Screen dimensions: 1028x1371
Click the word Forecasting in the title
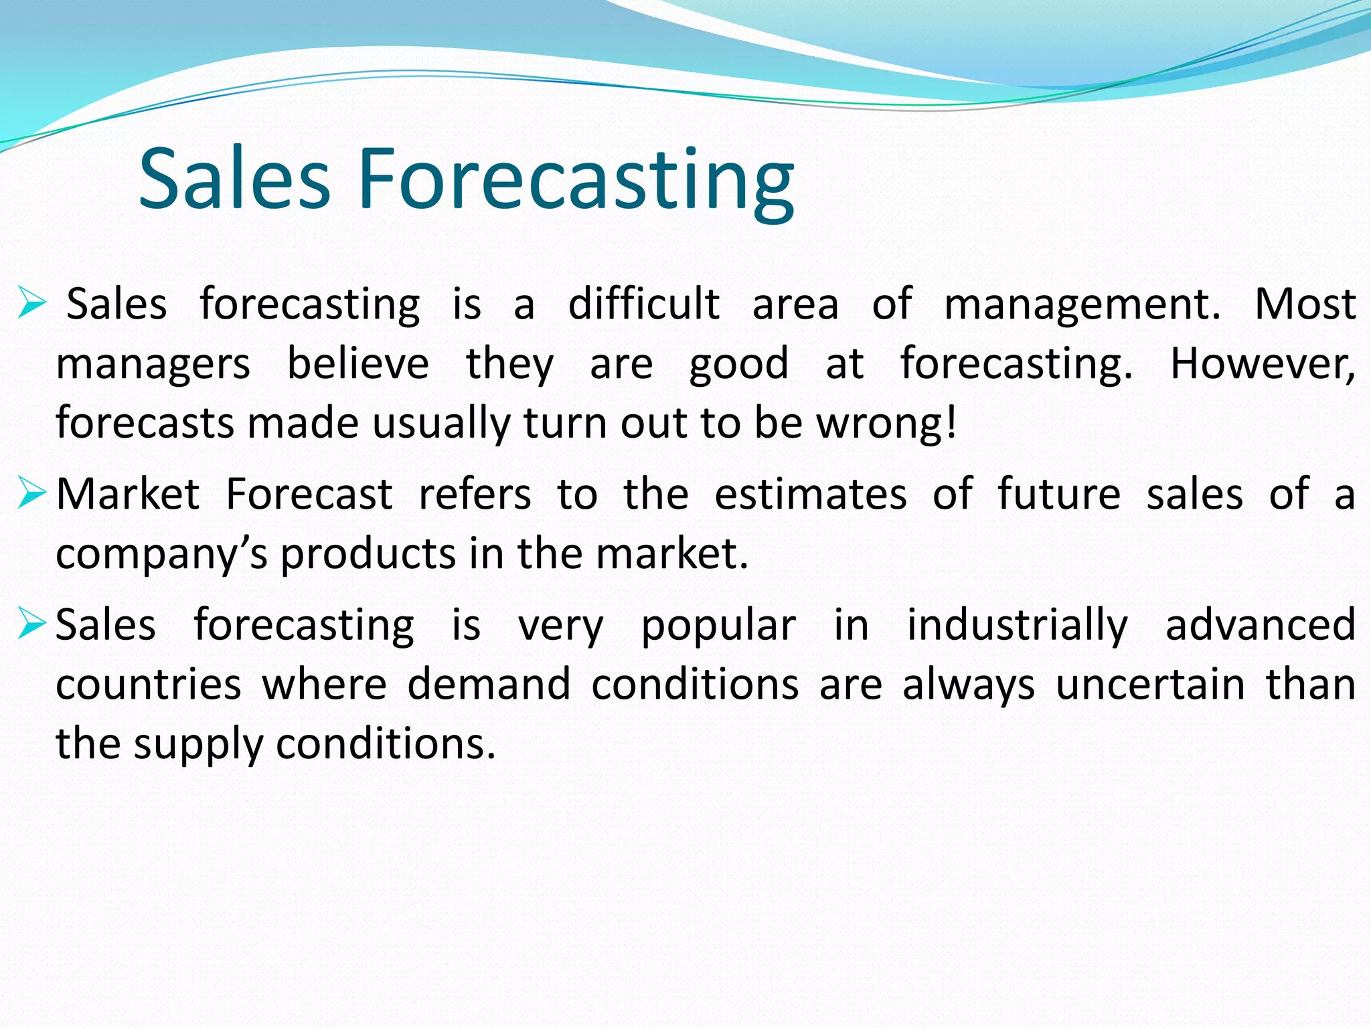pos(576,179)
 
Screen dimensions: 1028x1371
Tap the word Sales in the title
pos(234,179)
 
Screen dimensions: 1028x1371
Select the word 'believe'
pos(358,364)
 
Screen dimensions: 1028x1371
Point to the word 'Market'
pos(128,495)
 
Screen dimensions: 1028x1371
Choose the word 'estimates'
pos(811,495)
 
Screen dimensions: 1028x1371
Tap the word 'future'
pos(1059,495)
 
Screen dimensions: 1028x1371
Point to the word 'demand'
pos(489,685)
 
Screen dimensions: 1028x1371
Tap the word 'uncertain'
pos(1151,685)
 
